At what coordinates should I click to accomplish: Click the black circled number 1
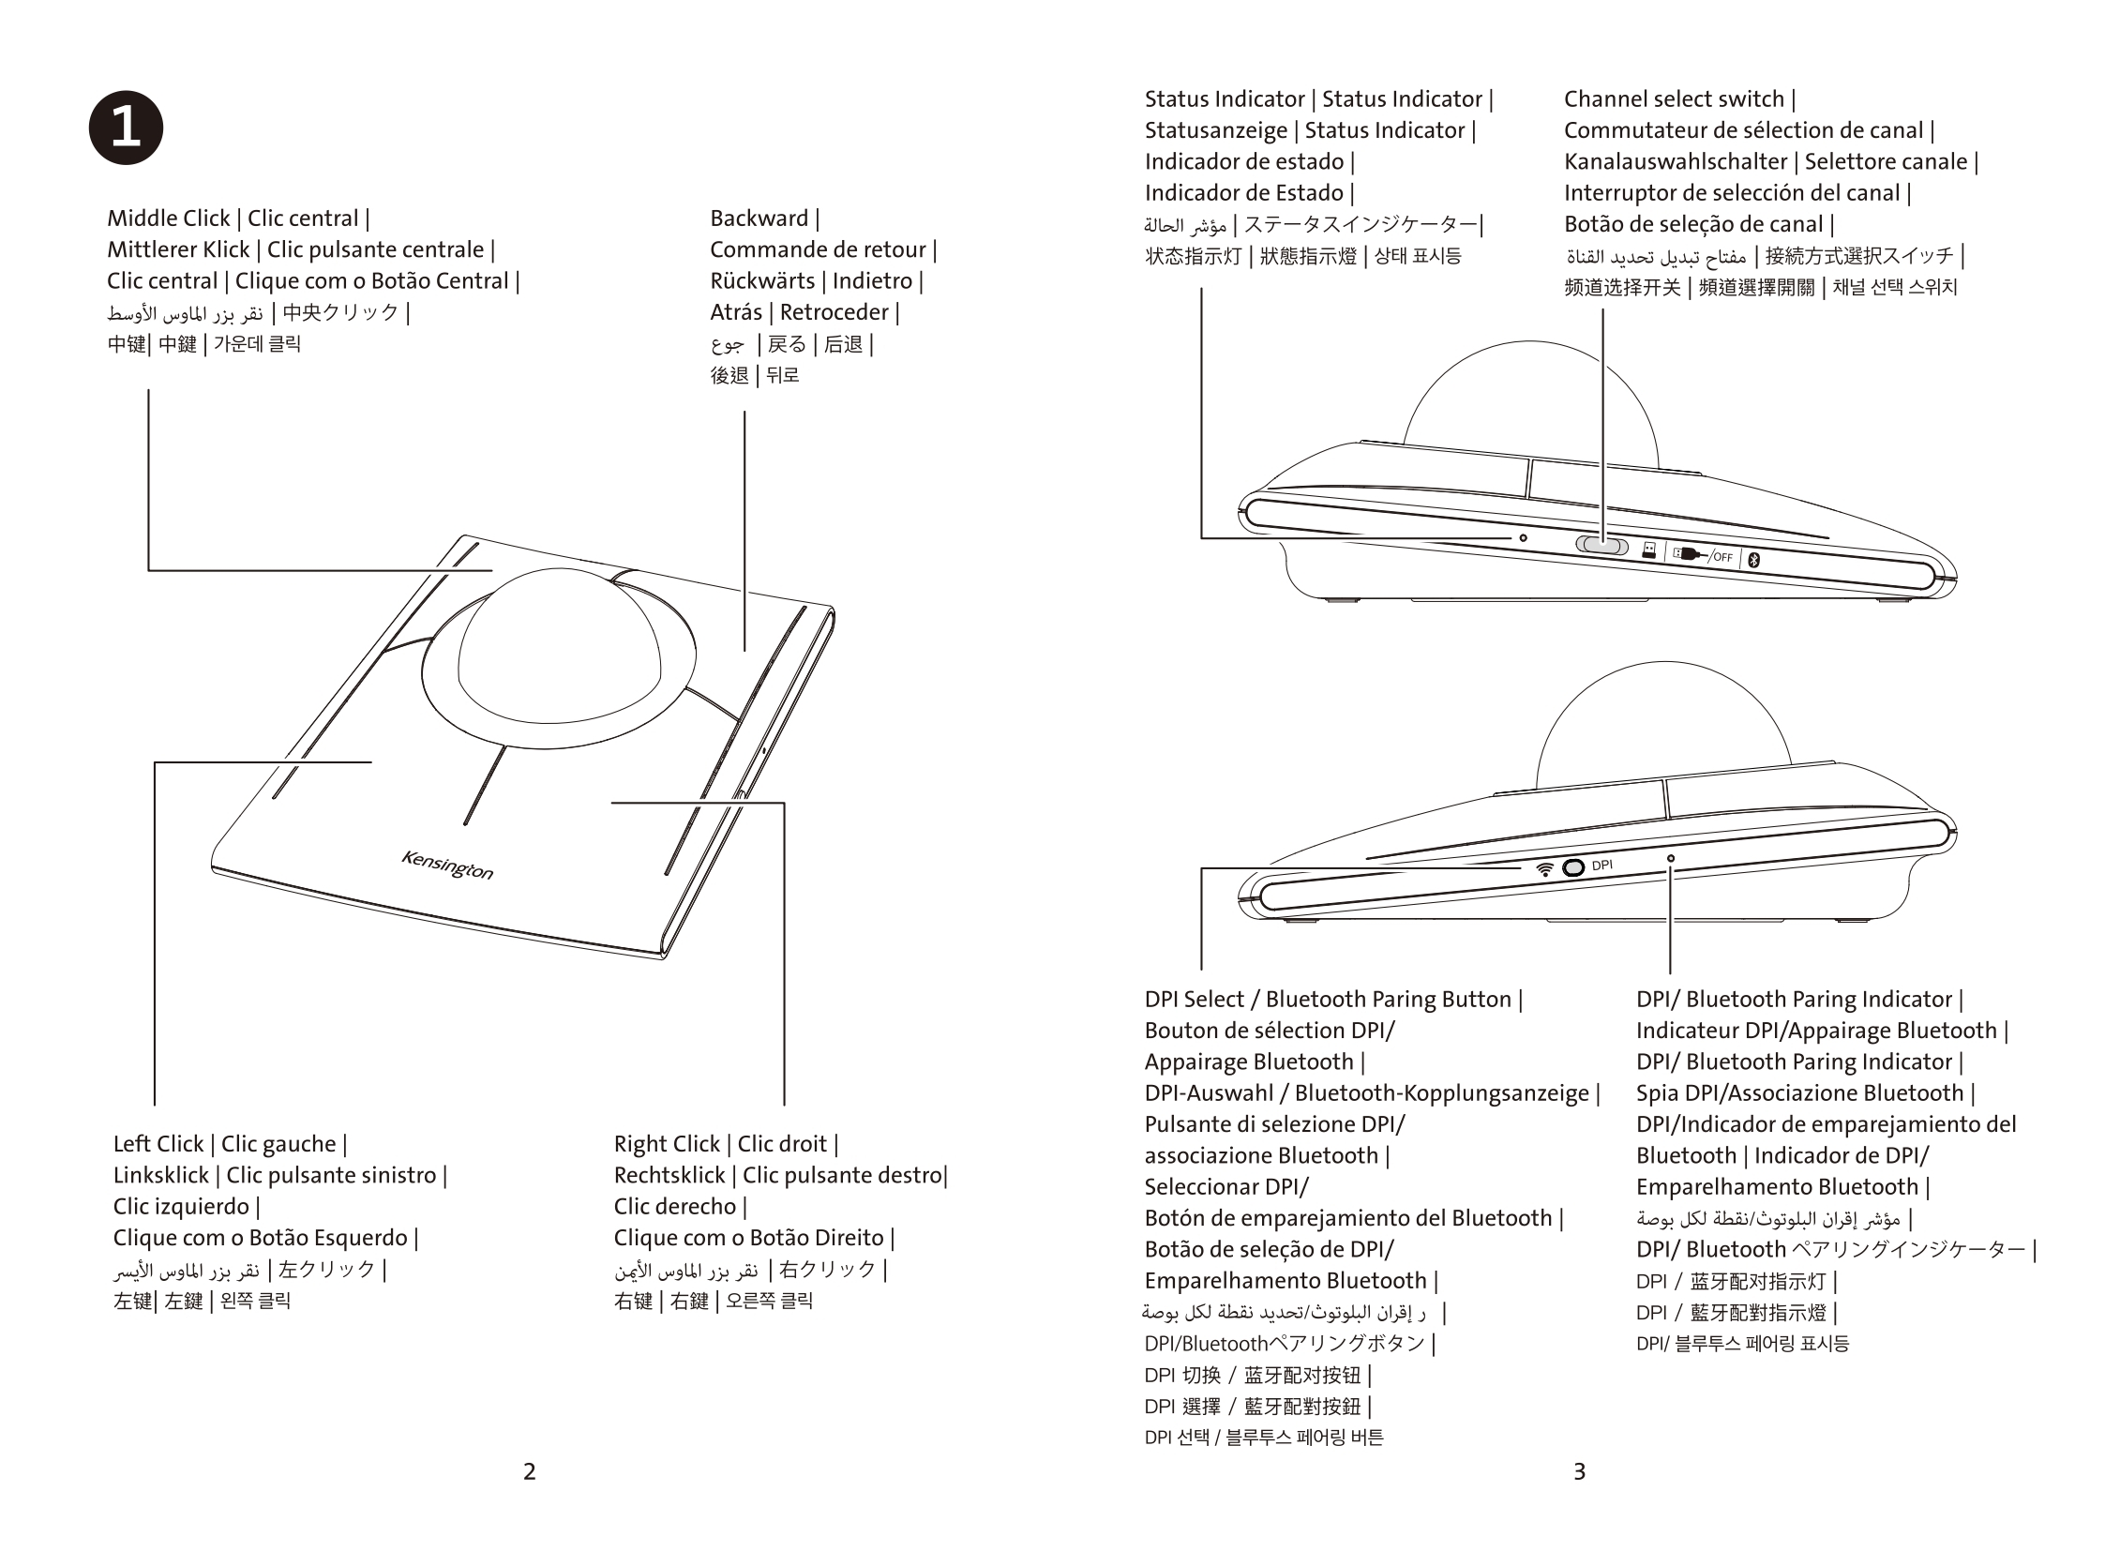(x=126, y=128)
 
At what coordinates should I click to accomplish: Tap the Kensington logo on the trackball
(x=447, y=865)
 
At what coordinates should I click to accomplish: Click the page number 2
(x=530, y=1471)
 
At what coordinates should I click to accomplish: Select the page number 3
(x=1579, y=1471)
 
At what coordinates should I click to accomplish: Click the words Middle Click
(x=168, y=218)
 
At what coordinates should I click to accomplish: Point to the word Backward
(x=759, y=218)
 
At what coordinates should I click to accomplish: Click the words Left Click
(x=158, y=1143)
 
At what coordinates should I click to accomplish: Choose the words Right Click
(x=667, y=1143)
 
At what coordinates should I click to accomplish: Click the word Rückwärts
(x=762, y=280)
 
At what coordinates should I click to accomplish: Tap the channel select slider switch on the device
(x=1601, y=545)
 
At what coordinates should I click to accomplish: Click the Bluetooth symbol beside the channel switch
(x=1752, y=561)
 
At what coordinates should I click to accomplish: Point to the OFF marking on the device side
(x=1722, y=557)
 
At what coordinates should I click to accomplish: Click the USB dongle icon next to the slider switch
(x=1648, y=550)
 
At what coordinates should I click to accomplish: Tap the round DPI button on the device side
(x=1573, y=867)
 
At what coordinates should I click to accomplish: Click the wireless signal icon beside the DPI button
(x=1544, y=869)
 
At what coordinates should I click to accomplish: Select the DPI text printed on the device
(x=1602, y=865)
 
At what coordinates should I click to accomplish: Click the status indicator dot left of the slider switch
(x=1523, y=538)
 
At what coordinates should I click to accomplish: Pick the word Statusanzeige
(x=1216, y=130)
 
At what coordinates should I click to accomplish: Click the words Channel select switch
(x=1673, y=99)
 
